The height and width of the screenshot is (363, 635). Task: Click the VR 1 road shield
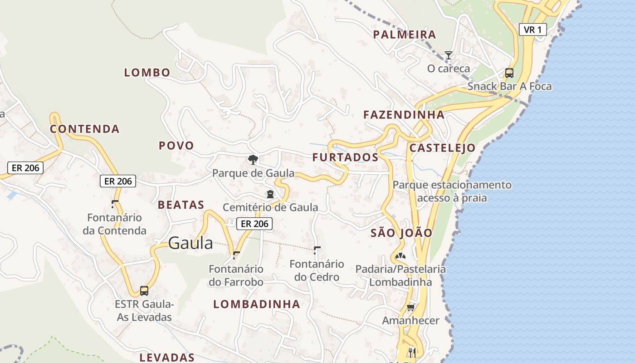tap(532, 30)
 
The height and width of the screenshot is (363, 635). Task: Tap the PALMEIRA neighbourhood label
tap(404, 34)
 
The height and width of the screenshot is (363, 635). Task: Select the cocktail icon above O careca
tap(448, 55)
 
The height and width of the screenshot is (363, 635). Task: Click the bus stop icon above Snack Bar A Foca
tap(509, 73)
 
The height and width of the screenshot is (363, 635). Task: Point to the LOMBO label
tap(147, 73)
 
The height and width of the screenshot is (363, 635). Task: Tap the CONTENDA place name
tap(85, 129)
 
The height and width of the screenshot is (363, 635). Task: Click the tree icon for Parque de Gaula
tap(253, 159)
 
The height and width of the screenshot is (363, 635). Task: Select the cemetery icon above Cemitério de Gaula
tap(270, 194)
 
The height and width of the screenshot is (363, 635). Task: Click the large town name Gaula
tap(190, 243)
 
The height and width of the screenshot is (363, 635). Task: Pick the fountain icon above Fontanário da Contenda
tap(115, 204)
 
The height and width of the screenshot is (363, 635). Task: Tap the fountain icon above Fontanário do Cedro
tap(317, 250)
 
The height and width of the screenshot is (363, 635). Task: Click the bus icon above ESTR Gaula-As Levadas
tap(144, 290)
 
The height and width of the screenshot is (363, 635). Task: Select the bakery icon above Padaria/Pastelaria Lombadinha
tap(400, 256)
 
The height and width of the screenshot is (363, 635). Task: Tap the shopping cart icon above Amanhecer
tap(410, 308)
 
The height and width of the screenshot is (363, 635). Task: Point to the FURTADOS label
tap(345, 157)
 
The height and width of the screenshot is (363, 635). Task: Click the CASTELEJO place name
tap(442, 148)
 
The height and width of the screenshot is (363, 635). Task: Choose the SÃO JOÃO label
tap(401, 233)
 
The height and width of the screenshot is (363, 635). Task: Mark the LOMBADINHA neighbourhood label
tap(257, 304)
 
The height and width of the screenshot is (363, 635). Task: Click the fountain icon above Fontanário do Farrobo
tap(236, 255)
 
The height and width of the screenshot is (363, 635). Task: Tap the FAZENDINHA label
tap(404, 115)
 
